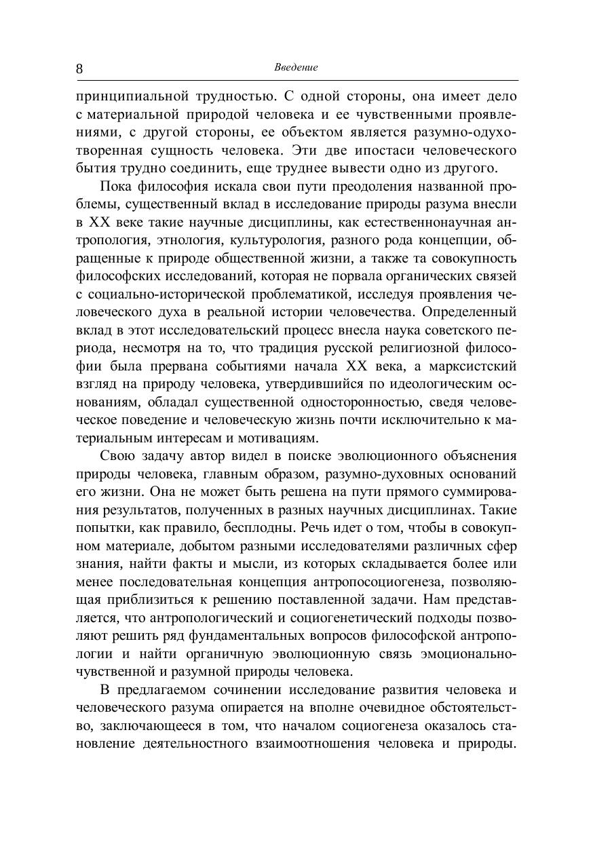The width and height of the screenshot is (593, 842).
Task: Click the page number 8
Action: click(79, 69)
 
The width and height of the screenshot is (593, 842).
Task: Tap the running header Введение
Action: click(296, 67)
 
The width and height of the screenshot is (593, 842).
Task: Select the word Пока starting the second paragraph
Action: click(115, 186)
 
